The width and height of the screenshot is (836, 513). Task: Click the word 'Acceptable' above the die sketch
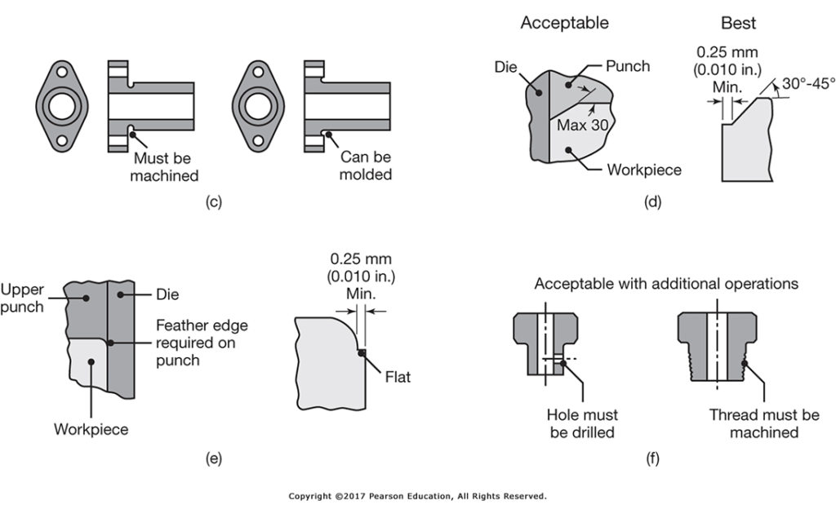pyautogui.click(x=564, y=23)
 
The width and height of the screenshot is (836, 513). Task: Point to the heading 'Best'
pyautogui.click(x=738, y=23)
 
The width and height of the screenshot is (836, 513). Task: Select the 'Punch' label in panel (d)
pyautogui.click(x=629, y=66)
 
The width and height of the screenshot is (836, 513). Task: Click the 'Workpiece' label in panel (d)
pyautogui.click(x=644, y=170)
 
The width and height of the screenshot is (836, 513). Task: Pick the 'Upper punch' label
pyautogui.click(x=22, y=297)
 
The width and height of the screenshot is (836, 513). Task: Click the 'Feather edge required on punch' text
pyautogui.click(x=202, y=343)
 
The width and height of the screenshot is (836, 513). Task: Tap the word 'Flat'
pyautogui.click(x=399, y=378)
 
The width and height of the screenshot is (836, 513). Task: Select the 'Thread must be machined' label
pyautogui.click(x=764, y=424)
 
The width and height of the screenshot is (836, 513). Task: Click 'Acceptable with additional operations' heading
pyautogui.click(x=666, y=284)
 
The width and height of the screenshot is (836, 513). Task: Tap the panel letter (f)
pyautogui.click(x=652, y=458)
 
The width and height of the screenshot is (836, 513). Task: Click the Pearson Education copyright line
pyautogui.click(x=417, y=496)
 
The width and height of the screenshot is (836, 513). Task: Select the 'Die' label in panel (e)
pyautogui.click(x=167, y=294)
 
